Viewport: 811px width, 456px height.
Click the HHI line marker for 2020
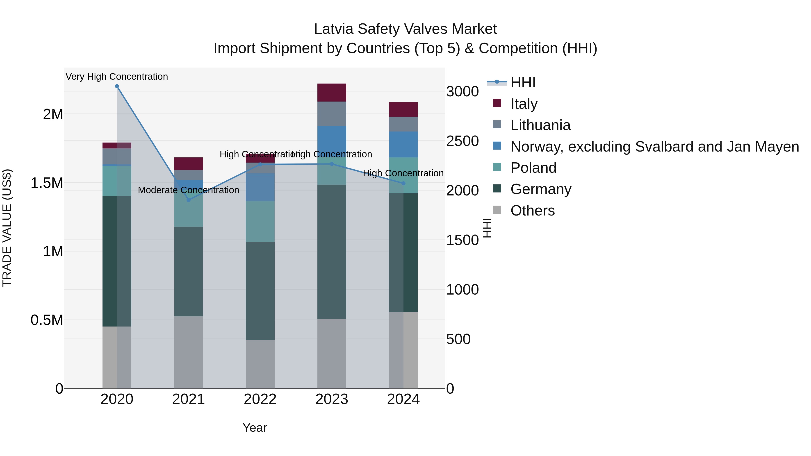click(117, 86)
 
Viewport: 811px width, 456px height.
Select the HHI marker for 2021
click(189, 200)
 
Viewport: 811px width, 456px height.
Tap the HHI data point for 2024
click(403, 183)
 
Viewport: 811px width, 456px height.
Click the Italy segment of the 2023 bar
click(332, 93)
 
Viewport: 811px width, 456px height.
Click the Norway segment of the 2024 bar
click(403, 144)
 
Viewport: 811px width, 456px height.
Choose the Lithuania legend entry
click(540, 125)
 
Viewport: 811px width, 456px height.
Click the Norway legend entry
click(654, 147)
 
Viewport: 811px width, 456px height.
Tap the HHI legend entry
click(523, 82)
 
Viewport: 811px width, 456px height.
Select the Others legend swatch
click(497, 210)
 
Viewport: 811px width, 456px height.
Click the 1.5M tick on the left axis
click(47, 183)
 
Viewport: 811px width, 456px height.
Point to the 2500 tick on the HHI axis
click(462, 141)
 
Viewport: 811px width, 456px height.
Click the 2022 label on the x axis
click(260, 399)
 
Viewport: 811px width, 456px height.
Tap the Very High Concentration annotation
click(117, 77)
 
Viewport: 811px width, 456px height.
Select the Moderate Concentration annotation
click(188, 190)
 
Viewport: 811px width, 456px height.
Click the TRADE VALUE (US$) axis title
click(7, 228)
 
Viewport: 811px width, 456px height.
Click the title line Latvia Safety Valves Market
click(405, 29)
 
